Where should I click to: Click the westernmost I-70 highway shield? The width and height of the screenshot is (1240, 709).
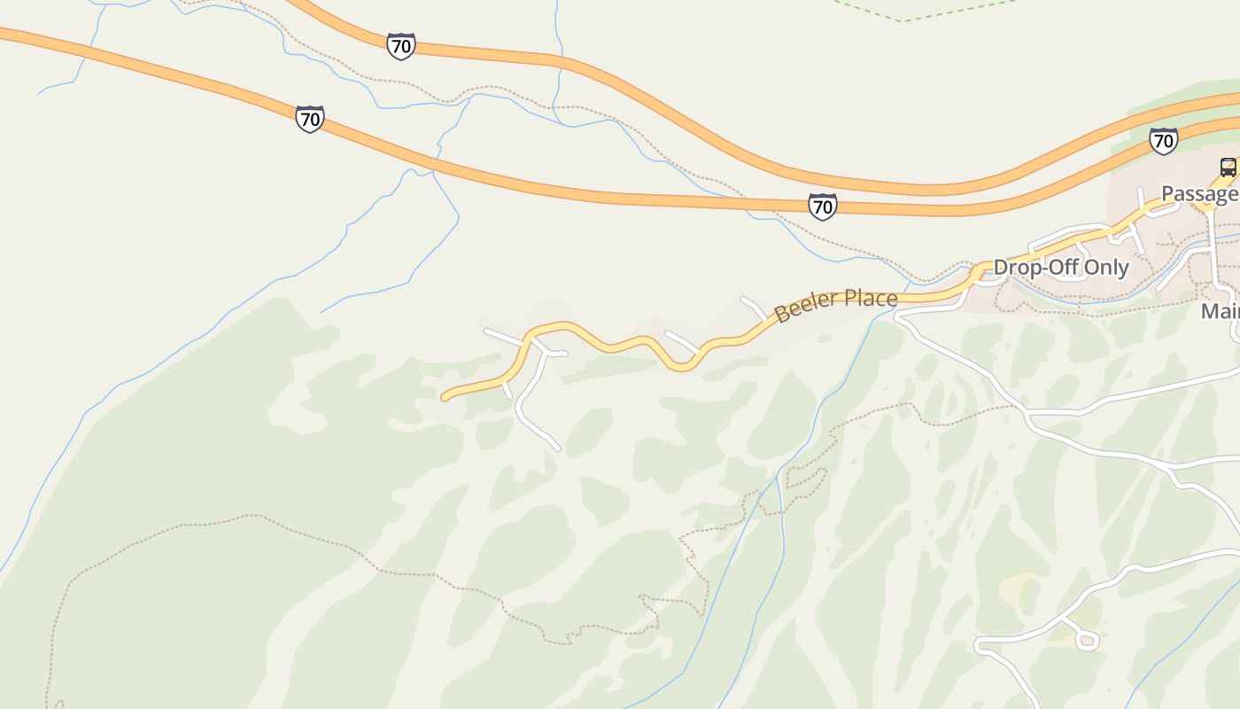click(x=309, y=118)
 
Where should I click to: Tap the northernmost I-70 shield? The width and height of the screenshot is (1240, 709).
click(x=401, y=46)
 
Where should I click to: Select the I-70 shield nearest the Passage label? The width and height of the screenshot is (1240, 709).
click(x=1163, y=140)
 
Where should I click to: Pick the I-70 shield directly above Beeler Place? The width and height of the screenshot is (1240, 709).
click(x=822, y=206)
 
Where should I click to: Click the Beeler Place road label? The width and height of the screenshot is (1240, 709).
click(x=835, y=305)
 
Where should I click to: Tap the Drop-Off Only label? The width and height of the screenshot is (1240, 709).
click(x=1060, y=268)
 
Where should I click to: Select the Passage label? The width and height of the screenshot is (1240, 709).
click(x=1199, y=194)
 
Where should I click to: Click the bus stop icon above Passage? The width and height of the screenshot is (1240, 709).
click(x=1228, y=167)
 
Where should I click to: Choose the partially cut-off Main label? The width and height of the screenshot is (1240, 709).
click(x=1221, y=312)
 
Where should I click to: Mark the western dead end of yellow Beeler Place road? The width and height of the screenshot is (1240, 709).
click(x=445, y=398)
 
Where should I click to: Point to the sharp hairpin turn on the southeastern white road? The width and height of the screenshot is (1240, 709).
click(x=979, y=646)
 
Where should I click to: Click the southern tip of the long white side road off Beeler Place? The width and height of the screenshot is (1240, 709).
click(x=558, y=448)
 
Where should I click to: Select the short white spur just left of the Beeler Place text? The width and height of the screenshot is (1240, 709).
click(x=754, y=307)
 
